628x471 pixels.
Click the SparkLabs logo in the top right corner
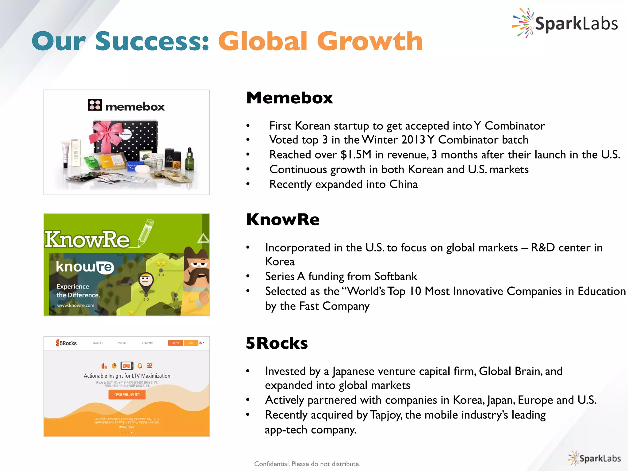point(565,23)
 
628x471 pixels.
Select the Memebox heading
point(289,98)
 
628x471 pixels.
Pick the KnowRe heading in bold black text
point(283,220)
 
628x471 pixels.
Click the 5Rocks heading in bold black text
point(277,343)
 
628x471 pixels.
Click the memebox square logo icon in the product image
point(95,105)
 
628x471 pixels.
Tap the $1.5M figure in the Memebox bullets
point(356,155)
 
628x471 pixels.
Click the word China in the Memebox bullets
point(403,184)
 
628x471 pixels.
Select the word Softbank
point(396,277)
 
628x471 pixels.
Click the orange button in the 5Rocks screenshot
point(127,395)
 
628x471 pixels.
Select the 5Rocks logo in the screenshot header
point(66,343)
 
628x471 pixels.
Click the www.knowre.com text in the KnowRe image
point(76,305)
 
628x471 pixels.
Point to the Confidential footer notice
point(307,464)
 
